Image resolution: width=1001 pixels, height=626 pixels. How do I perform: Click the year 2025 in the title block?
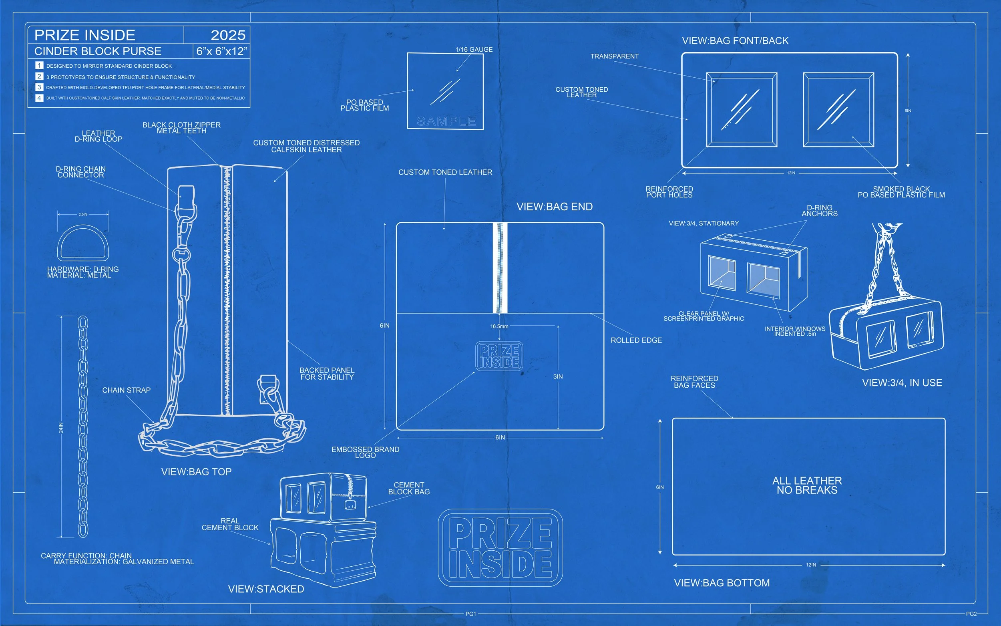228,35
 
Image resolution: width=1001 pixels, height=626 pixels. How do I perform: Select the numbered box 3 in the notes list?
39,87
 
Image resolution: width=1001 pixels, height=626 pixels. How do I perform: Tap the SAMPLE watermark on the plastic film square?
446,121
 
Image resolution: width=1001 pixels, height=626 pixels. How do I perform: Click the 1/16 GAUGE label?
474,50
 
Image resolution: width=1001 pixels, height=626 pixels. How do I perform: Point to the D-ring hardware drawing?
83,243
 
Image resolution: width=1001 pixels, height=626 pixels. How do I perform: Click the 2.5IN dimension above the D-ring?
83,214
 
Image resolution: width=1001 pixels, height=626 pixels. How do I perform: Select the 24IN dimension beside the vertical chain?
61,427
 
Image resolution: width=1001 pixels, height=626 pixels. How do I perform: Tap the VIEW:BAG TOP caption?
196,471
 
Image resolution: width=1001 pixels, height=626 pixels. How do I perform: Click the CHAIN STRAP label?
126,390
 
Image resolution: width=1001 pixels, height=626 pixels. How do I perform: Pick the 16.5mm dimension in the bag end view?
499,326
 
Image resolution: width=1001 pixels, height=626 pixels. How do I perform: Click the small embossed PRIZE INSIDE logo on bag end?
499,356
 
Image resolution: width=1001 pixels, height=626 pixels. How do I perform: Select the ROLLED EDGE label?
636,340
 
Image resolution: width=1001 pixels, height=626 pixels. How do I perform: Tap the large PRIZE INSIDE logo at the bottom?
500,548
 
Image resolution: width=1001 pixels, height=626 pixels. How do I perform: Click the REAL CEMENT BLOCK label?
230,524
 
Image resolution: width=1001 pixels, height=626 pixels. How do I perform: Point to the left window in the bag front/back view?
742,110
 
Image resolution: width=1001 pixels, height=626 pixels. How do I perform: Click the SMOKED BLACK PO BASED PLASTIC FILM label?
901,192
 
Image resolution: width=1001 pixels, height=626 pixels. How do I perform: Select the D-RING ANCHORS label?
819,211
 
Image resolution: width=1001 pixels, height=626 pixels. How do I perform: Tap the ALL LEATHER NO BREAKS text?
807,485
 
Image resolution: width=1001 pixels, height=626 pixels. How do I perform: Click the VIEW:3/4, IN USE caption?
902,382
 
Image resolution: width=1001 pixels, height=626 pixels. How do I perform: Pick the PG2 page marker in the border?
971,614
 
